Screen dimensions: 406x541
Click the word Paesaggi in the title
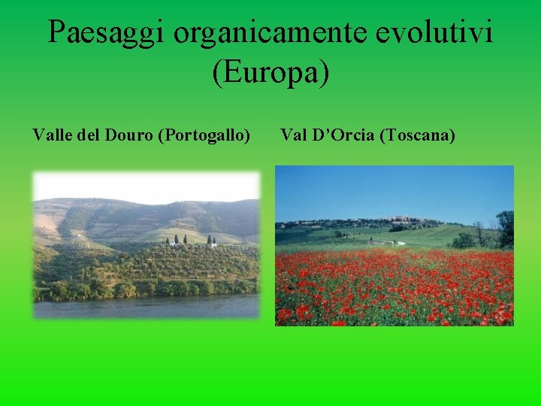(x=105, y=32)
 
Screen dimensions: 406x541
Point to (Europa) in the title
(x=270, y=73)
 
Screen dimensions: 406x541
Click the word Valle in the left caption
(x=53, y=135)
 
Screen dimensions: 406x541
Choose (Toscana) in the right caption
(x=418, y=135)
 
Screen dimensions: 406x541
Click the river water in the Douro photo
(x=147, y=307)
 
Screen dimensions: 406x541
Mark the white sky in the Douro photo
(x=147, y=186)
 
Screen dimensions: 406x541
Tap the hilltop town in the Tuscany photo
(x=406, y=221)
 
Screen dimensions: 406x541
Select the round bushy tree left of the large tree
(x=464, y=241)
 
